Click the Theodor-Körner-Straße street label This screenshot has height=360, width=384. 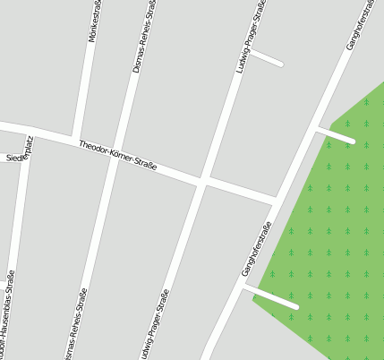pos(117,155)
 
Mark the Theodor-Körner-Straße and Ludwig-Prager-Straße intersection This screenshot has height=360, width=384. pos(204,182)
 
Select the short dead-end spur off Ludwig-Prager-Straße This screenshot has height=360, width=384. pos(267,58)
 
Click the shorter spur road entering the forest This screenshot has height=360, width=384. pos(337,135)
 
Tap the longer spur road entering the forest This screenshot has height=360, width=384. pos(271,296)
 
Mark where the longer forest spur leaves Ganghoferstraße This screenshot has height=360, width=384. pos(243,286)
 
